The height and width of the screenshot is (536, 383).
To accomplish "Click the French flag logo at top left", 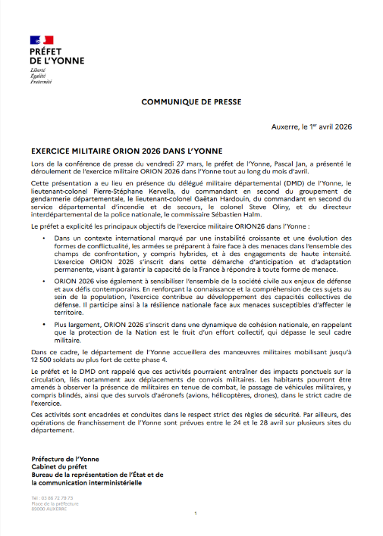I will [x=42, y=39].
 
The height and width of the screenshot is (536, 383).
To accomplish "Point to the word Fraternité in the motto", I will [x=41, y=82].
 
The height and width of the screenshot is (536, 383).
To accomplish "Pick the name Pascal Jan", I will [x=274, y=164].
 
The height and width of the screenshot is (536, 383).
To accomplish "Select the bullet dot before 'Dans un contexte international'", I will [x=44, y=238].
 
